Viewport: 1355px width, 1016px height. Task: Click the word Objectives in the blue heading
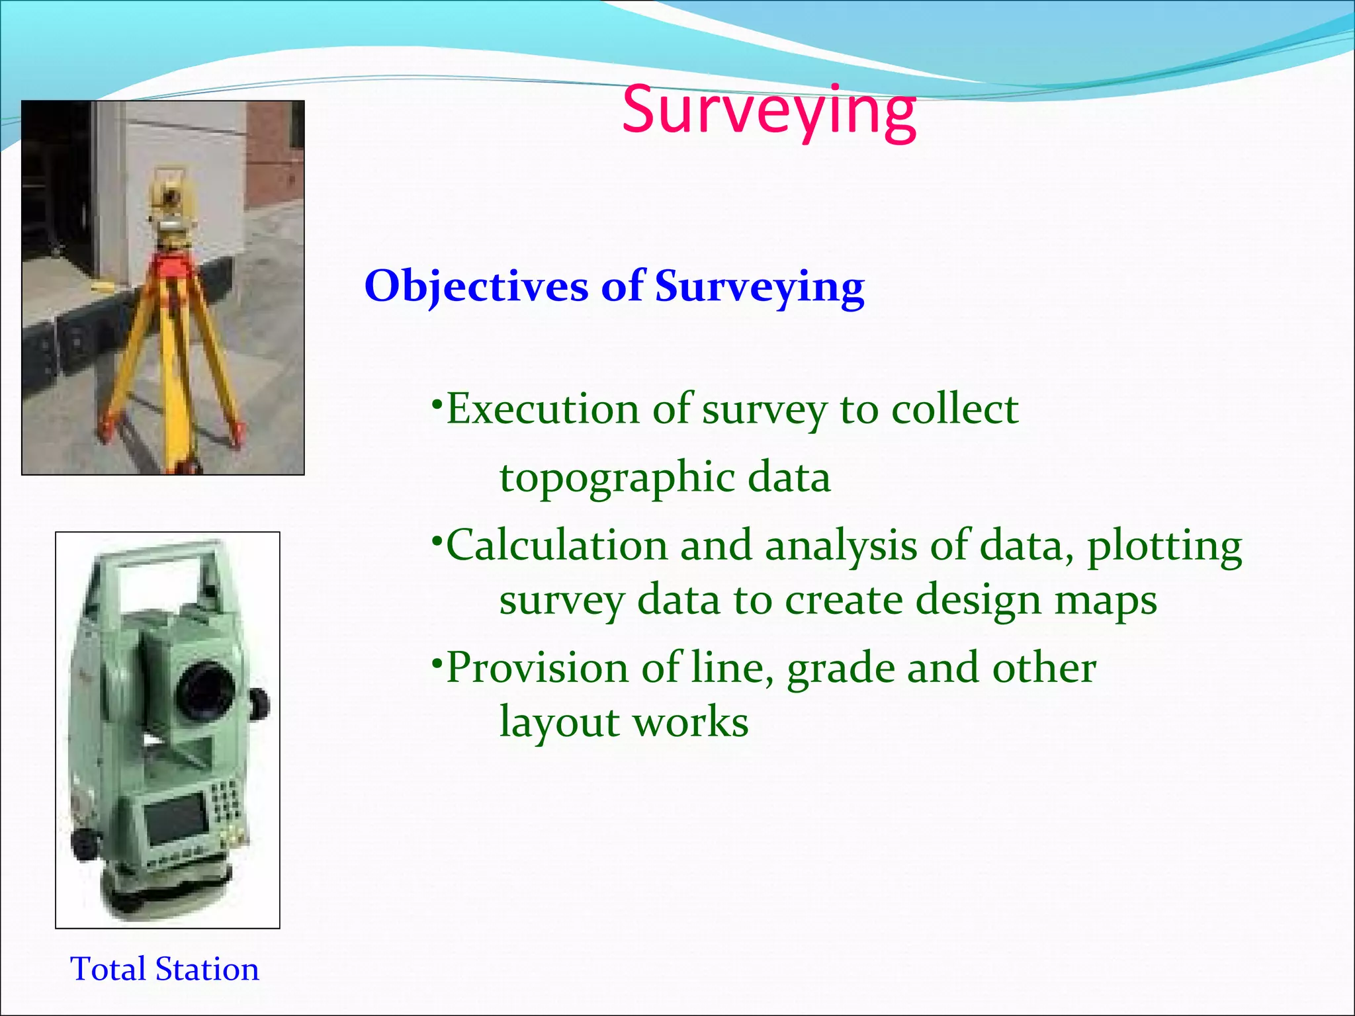476,287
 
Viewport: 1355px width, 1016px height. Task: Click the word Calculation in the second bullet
557,546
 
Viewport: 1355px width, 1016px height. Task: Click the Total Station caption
165,970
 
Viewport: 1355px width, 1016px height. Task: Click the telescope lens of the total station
205,691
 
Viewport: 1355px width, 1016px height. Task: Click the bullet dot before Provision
436,661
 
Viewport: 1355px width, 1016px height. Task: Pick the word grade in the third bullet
840,668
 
